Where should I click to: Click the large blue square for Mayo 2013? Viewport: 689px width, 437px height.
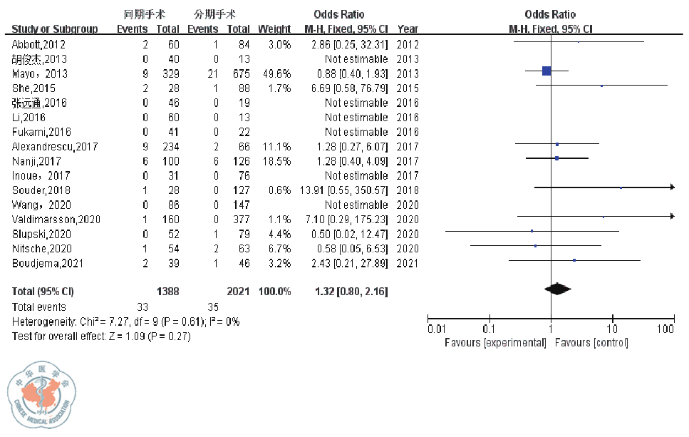click(x=546, y=71)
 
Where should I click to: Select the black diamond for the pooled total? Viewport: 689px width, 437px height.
click(x=558, y=289)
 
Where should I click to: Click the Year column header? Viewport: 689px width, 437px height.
click(x=408, y=29)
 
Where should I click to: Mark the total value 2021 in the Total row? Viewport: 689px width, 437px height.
click(x=237, y=292)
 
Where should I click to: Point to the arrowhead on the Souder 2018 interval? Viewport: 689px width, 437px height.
click(x=671, y=187)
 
